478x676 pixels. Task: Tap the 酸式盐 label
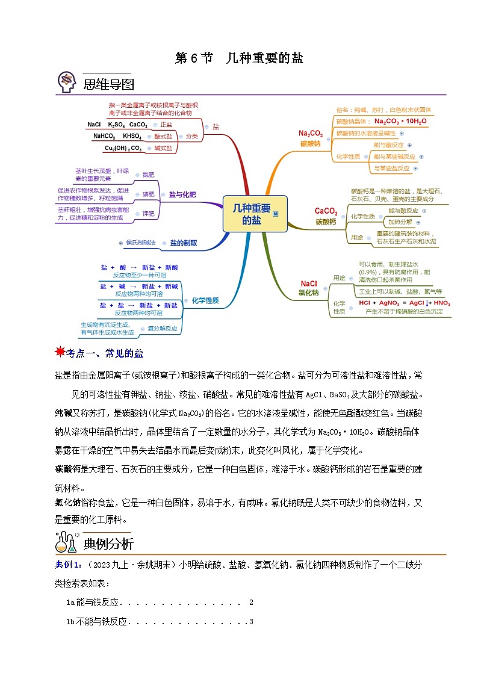point(163,137)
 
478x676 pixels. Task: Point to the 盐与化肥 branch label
point(182,194)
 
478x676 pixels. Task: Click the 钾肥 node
point(148,214)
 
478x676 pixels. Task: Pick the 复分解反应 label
point(163,329)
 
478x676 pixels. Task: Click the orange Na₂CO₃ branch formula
point(311,133)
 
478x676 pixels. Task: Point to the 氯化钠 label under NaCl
point(308,293)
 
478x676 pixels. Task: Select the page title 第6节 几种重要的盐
point(239,58)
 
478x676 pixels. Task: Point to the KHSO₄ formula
point(132,136)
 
